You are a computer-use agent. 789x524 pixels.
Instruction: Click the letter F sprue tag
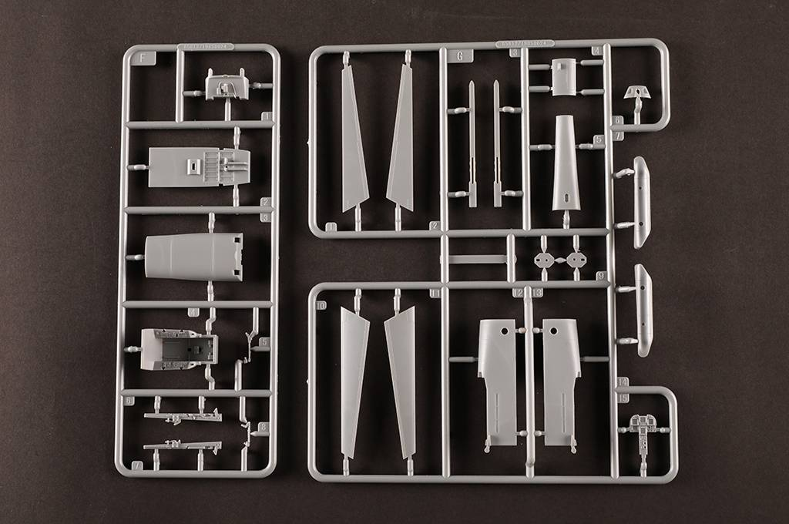click(138, 58)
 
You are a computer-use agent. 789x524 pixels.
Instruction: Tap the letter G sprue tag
click(460, 55)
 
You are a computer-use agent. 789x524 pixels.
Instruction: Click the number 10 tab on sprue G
click(321, 305)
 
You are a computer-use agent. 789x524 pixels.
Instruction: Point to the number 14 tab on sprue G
click(623, 382)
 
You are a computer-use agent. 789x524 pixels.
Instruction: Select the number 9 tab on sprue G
click(600, 275)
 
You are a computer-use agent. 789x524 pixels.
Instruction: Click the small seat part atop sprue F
click(227, 86)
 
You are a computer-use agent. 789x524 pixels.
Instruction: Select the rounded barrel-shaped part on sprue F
click(194, 257)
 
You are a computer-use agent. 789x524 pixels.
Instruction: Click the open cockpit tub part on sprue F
click(180, 348)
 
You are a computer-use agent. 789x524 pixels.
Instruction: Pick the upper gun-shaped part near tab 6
click(183, 417)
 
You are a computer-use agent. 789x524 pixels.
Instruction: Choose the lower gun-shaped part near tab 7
click(183, 445)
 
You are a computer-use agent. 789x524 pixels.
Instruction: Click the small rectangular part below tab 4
click(564, 77)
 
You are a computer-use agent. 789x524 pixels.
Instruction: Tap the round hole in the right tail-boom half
click(553, 330)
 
